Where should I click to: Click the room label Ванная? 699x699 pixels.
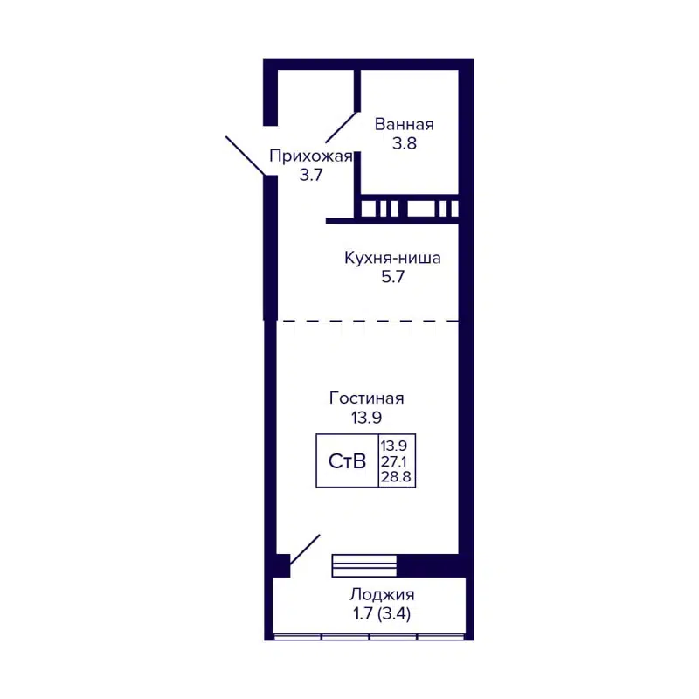coord(404,124)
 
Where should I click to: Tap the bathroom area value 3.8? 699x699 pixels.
coord(404,144)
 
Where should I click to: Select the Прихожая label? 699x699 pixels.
coord(310,156)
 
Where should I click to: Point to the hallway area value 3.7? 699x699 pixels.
coord(312,175)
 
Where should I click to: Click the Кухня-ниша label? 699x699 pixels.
coord(392,259)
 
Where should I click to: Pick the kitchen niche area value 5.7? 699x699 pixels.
coord(392,278)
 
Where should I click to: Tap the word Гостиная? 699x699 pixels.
coord(366,398)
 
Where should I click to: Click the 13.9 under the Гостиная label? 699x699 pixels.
coord(366,418)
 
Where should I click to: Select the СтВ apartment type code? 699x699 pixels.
coord(347,461)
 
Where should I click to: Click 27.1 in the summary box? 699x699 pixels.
coord(395,461)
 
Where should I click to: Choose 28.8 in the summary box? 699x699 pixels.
coord(395,477)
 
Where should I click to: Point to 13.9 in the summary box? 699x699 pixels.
coord(395,446)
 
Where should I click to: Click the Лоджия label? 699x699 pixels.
coord(379,595)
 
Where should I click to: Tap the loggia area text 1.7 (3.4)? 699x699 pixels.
coord(379,613)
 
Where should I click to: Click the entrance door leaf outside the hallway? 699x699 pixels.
coord(247,157)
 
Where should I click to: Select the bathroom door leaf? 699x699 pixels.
coord(342,128)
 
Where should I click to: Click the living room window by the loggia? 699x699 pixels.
coord(364,565)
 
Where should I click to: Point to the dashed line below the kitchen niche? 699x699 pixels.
coord(367,321)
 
